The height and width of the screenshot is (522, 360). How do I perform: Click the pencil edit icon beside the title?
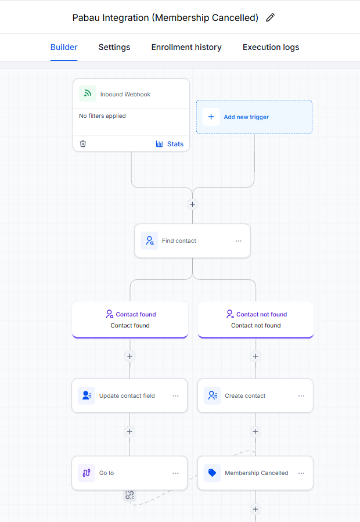pyautogui.click(x=271, y=17)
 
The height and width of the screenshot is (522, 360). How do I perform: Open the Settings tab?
pyautogui.click(x=114, y=47)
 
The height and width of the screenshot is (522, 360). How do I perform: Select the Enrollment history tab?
pyautogui.click(x=186, y=47)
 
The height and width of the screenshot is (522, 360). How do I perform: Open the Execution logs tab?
pyautogui.click(x=271, y=47)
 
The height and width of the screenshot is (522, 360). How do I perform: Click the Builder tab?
pyautogui.click(x=64, y=47)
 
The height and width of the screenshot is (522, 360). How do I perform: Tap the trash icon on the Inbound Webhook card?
pyautogui.click(x=83, y=144)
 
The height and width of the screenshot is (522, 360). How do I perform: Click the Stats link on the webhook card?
pyautogui.click(x=170, y=144)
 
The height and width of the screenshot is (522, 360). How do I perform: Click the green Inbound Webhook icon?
pyautogui.click(x=88, y=93)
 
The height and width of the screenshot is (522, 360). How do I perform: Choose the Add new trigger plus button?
pyautogui.click(x=211, y=117)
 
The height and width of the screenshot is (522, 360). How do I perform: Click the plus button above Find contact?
pyautogui.click(x=193, y=204)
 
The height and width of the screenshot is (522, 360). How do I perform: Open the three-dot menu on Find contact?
pyautogui.click(x=239, y=241)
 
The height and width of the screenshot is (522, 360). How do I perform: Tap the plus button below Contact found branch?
pyautogui.click(x=130, y=356)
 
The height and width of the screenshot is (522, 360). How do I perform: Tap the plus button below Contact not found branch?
pyautogui.click(x=255, y=356)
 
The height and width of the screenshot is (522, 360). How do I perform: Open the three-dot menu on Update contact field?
pyautogui.click(x=175, y=396)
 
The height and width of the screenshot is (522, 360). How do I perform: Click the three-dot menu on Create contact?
pyautogui.click(x=301, y=396)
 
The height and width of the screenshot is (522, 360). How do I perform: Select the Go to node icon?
pyautogui.click(x=87, y=473)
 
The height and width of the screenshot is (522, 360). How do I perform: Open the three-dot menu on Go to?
pyautogui.click(x=175, y=473)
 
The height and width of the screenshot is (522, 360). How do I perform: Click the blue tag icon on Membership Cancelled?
pyautogui.click(x=212, y=473)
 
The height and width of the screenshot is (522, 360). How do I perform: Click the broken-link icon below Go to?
pyautogui.click(x=129, y=495)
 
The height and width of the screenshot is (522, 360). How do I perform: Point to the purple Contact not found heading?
pyautogui.click(x=261, y=314)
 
